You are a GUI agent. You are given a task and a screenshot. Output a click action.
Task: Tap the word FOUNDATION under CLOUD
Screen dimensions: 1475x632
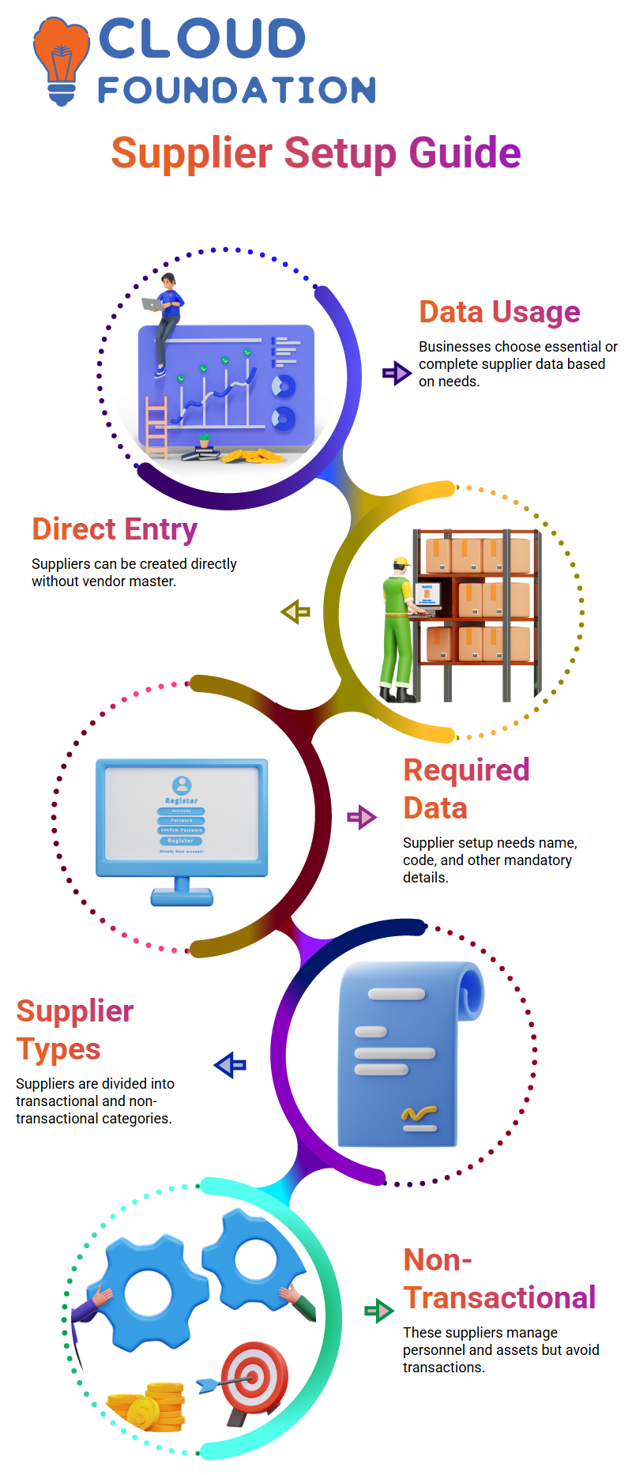pyautogui.click(x=237, y=90)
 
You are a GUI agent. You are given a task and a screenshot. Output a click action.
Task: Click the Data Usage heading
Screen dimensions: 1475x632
pyautogui.click(x=499, y=312)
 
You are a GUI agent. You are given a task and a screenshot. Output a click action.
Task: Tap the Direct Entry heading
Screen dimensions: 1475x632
pyautogui.click(x=115, y=529)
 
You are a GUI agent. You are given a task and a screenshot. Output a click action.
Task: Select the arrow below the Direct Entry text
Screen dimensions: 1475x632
pyautogui.click(x=295, y=611)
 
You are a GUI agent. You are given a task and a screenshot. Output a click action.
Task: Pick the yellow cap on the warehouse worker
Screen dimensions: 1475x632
pyautogui.click(x=402, y=563)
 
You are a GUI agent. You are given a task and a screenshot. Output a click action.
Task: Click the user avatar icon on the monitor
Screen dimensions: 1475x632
pyautogui.click(x=182, y=785)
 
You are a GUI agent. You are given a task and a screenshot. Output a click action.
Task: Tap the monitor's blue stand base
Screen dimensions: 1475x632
pyautogui.click(x=182, y=897)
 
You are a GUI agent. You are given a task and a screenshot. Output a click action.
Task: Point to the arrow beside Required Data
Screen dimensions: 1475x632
pyautogui.click(x=362, y=817)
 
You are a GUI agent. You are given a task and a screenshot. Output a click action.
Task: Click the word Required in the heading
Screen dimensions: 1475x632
pyautogui.click(x=466, y=770)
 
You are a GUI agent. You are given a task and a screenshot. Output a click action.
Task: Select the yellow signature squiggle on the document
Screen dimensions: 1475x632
pyautogui.click(x=419, y=1114)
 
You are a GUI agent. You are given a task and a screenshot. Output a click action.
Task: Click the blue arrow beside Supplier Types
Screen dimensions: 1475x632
pyautogui.click(x=230, y=1065)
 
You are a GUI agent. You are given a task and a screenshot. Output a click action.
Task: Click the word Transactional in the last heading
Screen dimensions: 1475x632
pyautogui.click(x=499, y=1298)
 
